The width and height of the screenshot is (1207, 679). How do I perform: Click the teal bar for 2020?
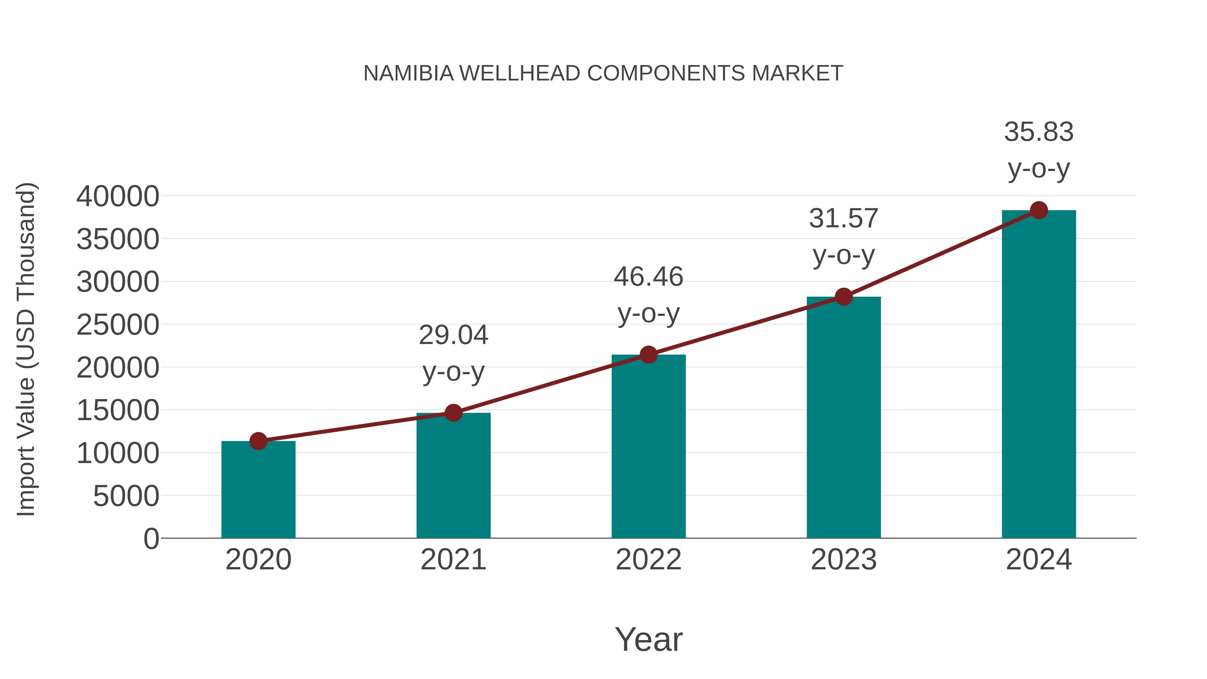pos(258,490)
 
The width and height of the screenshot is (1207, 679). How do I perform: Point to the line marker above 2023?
pos(844,297)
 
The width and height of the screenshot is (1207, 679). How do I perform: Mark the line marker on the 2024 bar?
pos(1039,210)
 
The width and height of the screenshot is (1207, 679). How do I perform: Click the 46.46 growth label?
pos(648,277)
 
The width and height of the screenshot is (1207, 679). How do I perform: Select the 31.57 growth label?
pos(844,219)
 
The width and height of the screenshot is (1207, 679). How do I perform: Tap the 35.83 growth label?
pos(1039,132)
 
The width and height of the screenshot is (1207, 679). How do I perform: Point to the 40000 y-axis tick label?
pos(118,196)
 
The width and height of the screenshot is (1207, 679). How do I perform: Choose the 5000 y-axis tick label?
pos(126,496)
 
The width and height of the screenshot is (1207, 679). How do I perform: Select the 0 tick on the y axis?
pos(151,539)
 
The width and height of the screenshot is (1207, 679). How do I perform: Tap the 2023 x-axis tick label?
pos(844,560)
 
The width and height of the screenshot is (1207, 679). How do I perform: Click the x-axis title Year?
pos(648,639)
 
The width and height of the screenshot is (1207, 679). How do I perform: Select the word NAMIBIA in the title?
pos(409,73)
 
